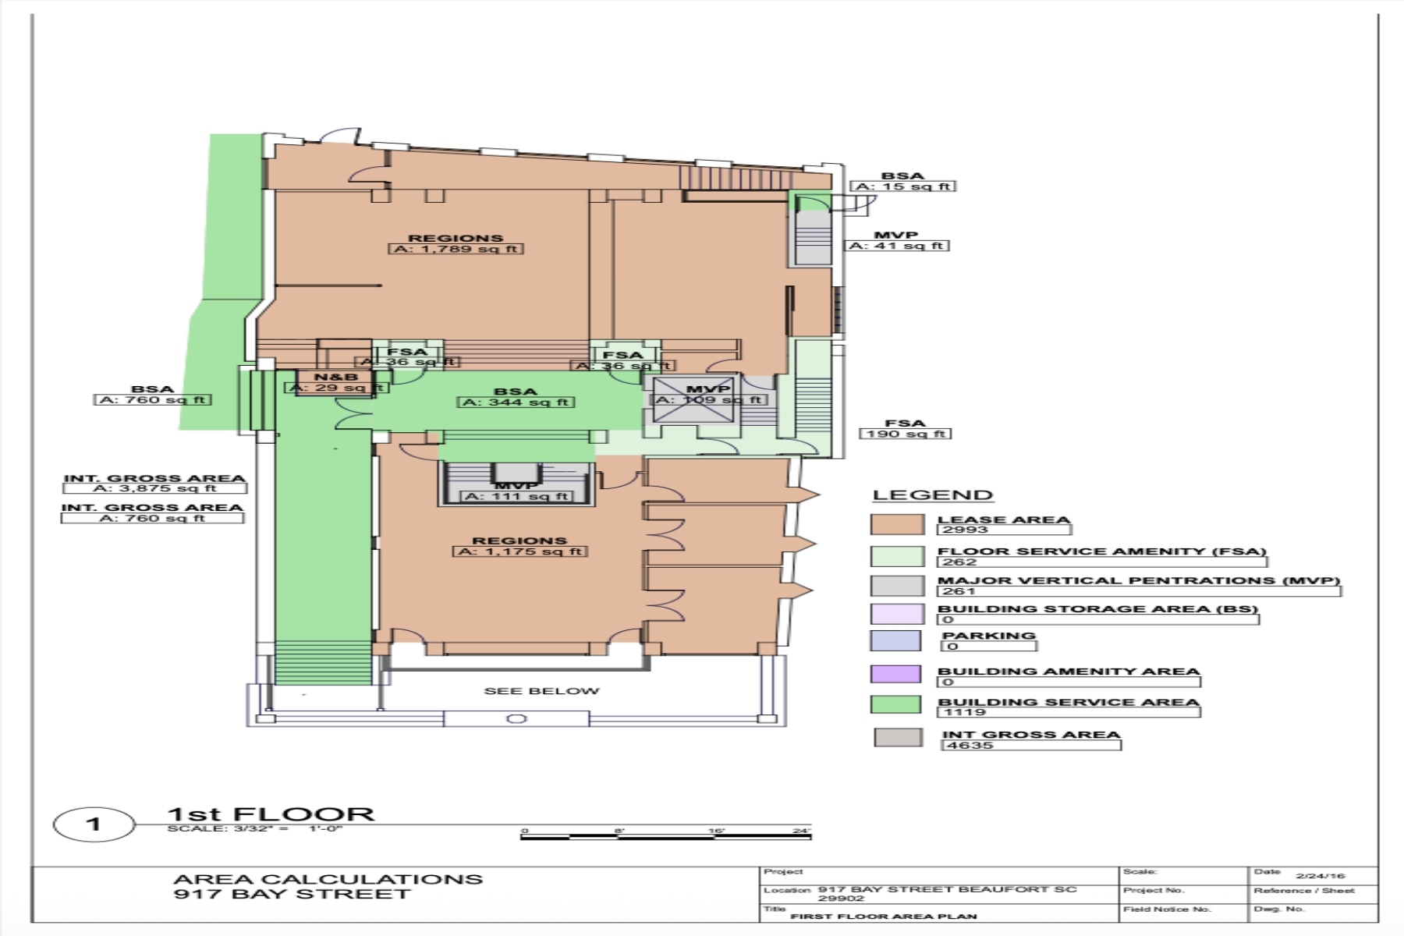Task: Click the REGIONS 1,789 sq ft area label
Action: [456, 244]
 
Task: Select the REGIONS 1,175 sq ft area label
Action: [519, 546]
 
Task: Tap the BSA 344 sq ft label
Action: [516, 397]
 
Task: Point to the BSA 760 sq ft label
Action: [153, 395]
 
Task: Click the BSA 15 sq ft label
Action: [902, 181]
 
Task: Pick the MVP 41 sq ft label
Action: [897, 240]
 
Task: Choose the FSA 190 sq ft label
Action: [905, 428]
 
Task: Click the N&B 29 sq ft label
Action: [336, 382]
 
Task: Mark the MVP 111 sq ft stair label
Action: [516, 491]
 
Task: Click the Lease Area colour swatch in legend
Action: [897, 524]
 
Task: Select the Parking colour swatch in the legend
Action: [895, 640]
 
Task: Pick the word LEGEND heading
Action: [932, 495]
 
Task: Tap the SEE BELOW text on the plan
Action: [541, 691]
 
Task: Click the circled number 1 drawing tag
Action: [94, 824]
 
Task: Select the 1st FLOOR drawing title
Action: [271, 814]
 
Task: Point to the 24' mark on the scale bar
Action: [801, 831]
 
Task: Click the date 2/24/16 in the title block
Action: [1321, 876]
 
